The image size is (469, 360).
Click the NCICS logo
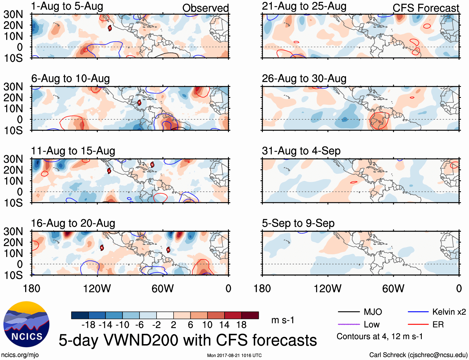tap(26, 324)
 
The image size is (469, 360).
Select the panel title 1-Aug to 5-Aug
tap(67, 7)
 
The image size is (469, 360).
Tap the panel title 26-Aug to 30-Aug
tap(304, 79)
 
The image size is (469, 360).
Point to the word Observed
tap(205, 8)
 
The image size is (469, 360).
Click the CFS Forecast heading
tap(426, 8)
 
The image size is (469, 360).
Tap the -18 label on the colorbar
tap(88, 325)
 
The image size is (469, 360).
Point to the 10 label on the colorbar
tap(207, 325)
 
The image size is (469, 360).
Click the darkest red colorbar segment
tap(250, 315)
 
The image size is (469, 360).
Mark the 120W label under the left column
tap(97, 288)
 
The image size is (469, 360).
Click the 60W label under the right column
tap(393, 288)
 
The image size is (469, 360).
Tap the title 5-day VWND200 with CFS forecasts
tap(188, 340)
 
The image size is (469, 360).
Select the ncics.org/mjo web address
tap(20, 355)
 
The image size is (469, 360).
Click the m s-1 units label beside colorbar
tap(283, 320)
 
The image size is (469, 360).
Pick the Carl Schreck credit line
tap(418, 355)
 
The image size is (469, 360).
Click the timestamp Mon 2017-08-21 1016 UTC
tap(234, 355)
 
